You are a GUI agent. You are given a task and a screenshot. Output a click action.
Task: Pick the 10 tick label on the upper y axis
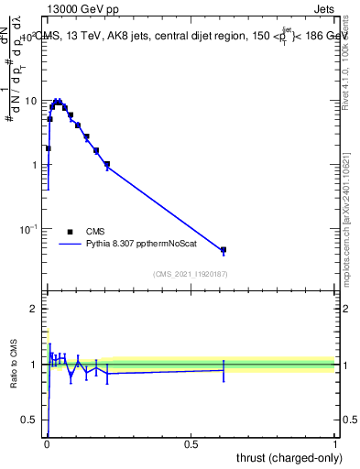tap(33, 101)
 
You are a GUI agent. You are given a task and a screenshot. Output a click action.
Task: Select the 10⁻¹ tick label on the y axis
tap(30, 228)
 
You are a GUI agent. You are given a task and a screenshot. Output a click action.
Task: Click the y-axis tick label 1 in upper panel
tap(37, 165)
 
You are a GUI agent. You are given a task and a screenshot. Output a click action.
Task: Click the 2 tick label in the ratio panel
tap(37, 309)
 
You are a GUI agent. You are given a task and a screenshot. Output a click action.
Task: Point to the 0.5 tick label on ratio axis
tap(32, 420)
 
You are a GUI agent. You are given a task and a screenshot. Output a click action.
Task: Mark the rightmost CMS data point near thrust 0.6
tap(223, 249)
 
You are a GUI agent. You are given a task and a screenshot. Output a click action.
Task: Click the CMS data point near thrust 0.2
tap(107, 165)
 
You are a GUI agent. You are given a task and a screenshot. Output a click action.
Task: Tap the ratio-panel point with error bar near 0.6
tap(223, 370)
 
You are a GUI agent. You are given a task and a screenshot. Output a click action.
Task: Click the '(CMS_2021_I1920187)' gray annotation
tap(190, 274)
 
